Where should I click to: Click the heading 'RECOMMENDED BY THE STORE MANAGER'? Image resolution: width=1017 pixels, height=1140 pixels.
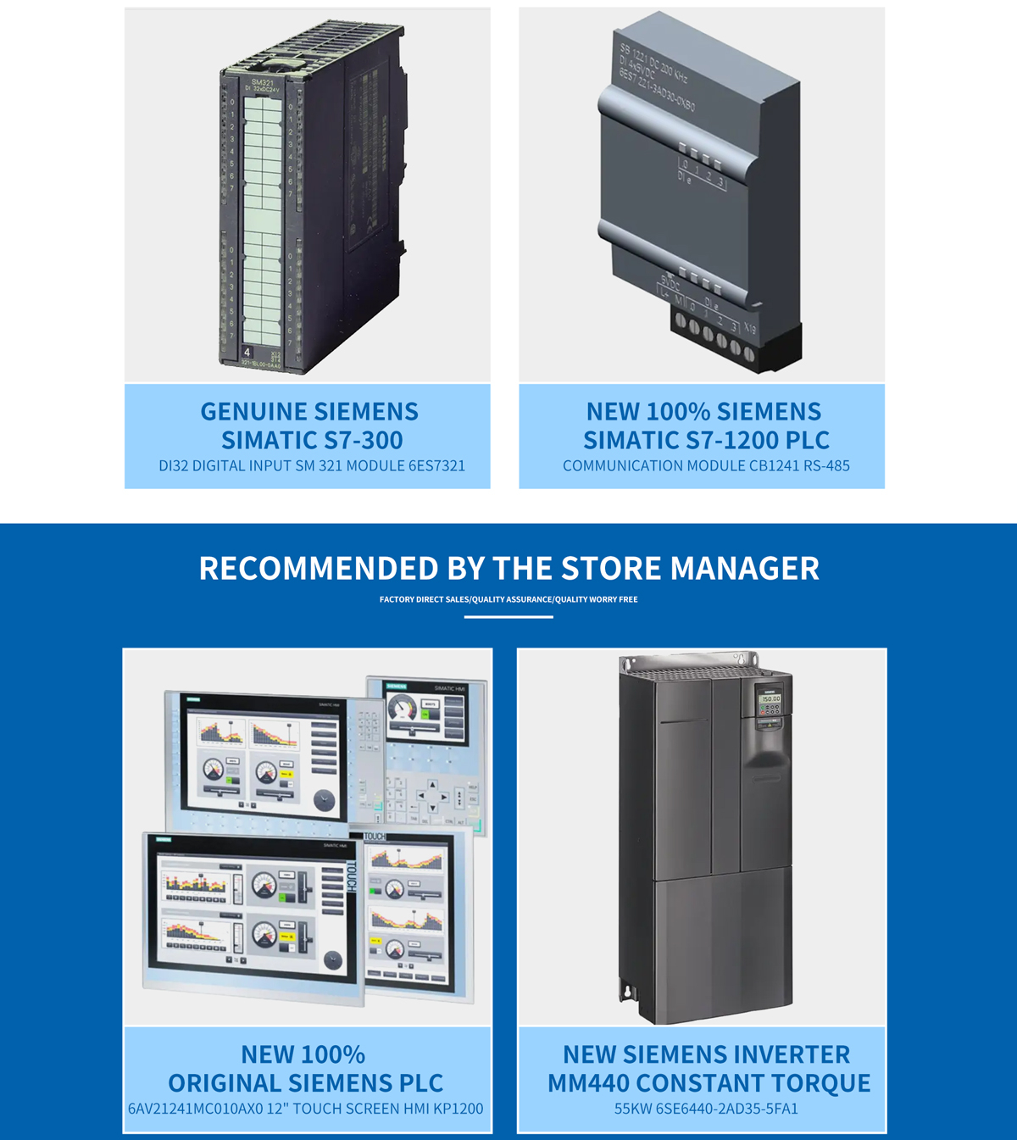pos(508,568)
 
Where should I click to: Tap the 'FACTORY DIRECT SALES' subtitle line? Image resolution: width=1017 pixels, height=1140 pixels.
pos(508,599)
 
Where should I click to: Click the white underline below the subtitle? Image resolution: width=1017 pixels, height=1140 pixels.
pos(508,617)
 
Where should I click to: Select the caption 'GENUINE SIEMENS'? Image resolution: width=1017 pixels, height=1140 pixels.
pos(309,411)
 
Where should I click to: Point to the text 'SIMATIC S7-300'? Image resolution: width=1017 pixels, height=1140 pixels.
pos(312,440)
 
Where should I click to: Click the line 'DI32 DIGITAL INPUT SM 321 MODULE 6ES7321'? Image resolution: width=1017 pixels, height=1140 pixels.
pos(312,465)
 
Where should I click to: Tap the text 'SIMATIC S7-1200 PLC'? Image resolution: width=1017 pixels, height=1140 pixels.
pos(706,440)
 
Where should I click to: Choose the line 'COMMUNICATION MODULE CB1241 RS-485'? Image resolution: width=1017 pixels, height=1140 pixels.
pos(706,465)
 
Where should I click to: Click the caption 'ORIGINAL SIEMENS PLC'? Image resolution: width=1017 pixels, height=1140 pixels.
pos(305,1082)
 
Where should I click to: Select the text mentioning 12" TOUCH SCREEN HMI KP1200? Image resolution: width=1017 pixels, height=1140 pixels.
pos(305,1108)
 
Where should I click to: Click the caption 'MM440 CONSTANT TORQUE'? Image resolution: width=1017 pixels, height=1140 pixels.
pos(709,1082)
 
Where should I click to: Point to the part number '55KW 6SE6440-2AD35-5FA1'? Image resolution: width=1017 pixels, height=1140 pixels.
pos(706,1108)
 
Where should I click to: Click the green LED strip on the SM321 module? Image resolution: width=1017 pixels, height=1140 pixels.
pos(262,220)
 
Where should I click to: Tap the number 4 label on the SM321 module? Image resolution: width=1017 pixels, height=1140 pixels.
pos(247,352)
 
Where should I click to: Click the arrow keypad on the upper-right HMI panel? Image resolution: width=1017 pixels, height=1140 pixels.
pos(432,797)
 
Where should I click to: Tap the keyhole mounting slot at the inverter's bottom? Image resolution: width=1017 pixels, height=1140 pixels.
pos(628,989)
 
